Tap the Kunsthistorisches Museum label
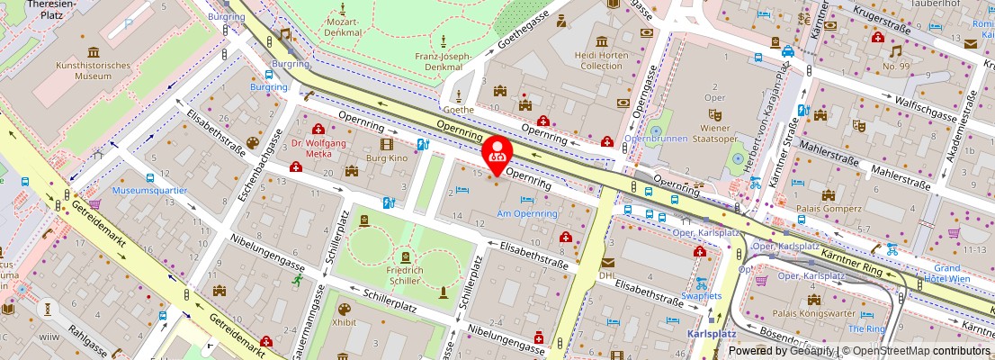click(80, 71)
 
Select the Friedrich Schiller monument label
click(405, 276)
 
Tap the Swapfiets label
click(701, 295)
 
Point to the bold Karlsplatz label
click(712, 332)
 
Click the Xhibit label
click(344, 321)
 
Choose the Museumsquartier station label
click(149, 191)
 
